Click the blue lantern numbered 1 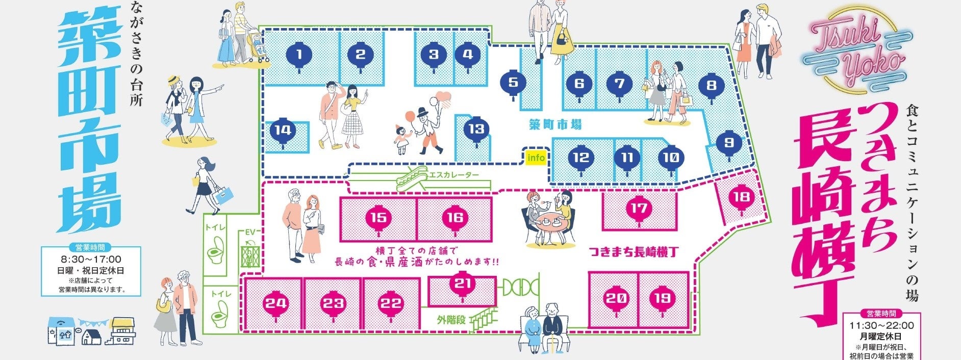click(x=299, y=55)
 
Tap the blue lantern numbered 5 click(x=513, y=82)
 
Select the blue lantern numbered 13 click(x=476, y=129)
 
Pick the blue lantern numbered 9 click(x=728, y=143)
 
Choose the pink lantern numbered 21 click(x=462, y=284)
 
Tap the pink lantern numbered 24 click(x=275, y=304)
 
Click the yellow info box click(x=536, y=158)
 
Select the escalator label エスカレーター click(x=454, y=175)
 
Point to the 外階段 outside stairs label click(x=451, y=320)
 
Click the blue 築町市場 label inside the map click(x=555, y=124)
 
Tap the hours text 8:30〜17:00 click(x=91, y=260)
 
